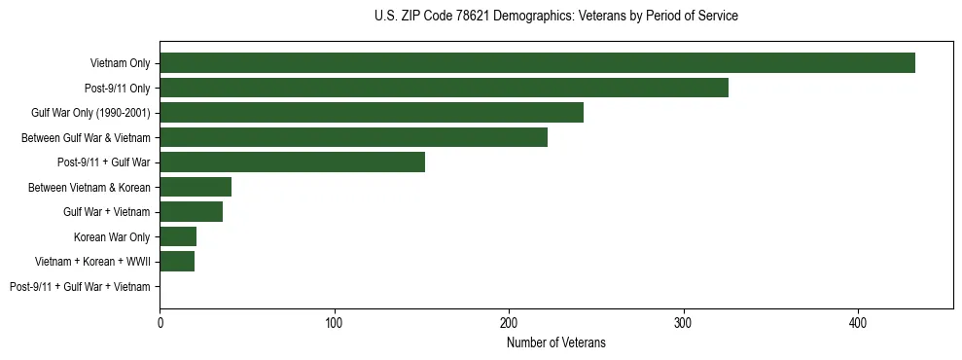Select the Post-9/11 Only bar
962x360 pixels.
[x=444, y=88]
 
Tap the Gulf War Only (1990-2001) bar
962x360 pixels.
[x=372, y=113]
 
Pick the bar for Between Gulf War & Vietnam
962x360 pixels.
[x=353, y=137]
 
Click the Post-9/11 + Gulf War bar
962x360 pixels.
[x=292, y=162]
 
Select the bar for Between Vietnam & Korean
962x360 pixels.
[x=196, y=187]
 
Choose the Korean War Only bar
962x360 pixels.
[x=178, y=236]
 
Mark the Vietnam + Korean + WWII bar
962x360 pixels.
[x=177, y=262]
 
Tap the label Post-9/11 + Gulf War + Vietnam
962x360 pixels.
[x=80, y=287]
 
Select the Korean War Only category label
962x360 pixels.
[x=112, y=237]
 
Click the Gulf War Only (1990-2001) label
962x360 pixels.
[x=90, y=113]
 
